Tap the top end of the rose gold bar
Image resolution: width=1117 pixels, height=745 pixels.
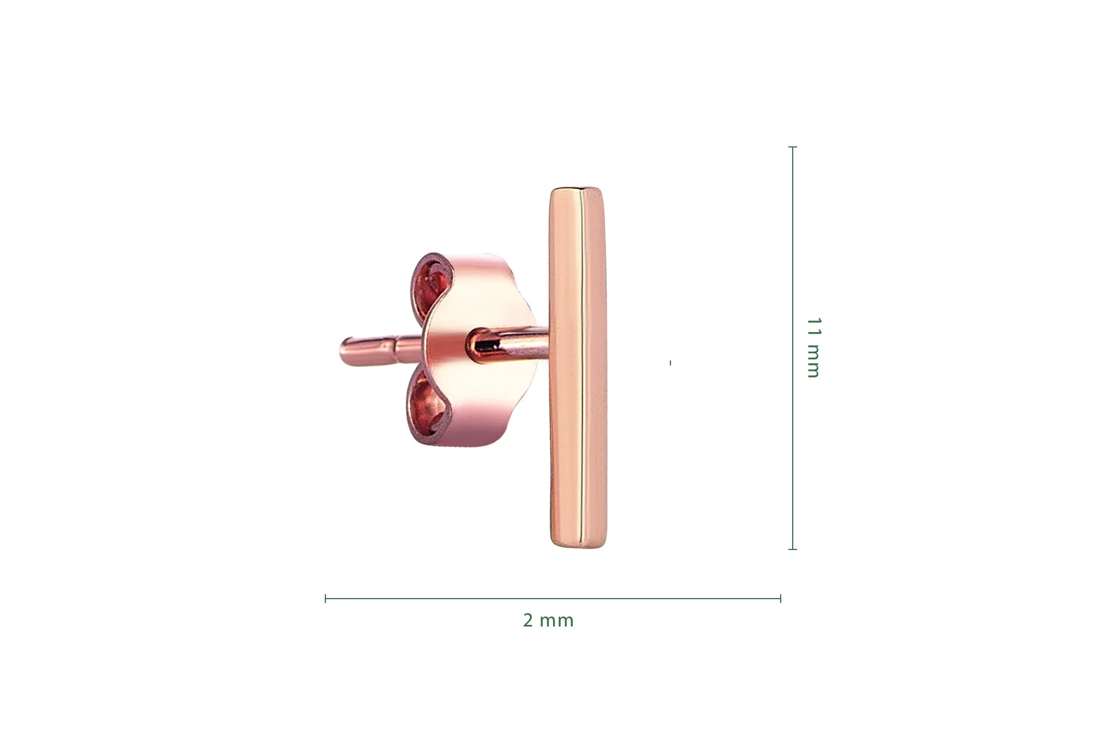(578, 188)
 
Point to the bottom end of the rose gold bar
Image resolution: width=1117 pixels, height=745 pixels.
(578, 547)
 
